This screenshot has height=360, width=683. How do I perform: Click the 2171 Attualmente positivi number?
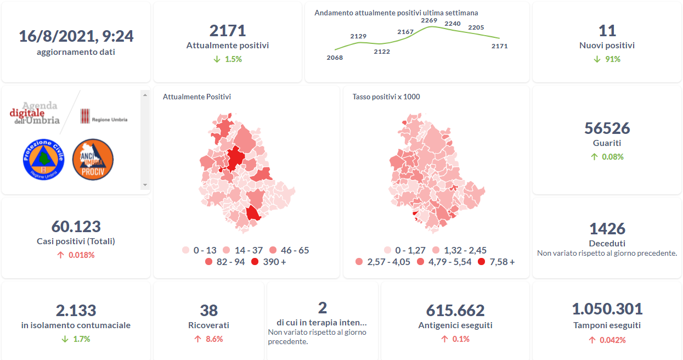pos(228,31)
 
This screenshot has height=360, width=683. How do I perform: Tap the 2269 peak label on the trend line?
pos(429,21)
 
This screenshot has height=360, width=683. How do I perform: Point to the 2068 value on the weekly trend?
pos(335,58)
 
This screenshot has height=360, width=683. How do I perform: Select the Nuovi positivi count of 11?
pos(607,31)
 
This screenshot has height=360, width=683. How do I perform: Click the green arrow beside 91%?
pos(597,59)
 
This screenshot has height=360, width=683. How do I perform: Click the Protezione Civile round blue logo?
pos(43,159)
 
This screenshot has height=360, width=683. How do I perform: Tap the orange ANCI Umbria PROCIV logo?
pos(93,159)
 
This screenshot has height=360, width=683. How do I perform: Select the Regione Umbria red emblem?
pos(85,116)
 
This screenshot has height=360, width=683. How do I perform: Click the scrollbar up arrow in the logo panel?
pos(145,95)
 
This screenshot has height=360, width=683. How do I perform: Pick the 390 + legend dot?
pos(255,262)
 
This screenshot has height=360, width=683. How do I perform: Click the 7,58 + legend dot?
pos(482,262)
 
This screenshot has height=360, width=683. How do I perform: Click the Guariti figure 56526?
pos(607,128)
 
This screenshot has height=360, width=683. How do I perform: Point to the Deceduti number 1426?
pos(607,229)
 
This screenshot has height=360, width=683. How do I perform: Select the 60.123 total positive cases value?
pos(76,227)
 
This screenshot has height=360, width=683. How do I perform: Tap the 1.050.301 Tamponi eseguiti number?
pos(607,310)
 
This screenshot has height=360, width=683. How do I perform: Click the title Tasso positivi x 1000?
pos(386,97)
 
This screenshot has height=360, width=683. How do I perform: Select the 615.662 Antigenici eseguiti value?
pos(455,311)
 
